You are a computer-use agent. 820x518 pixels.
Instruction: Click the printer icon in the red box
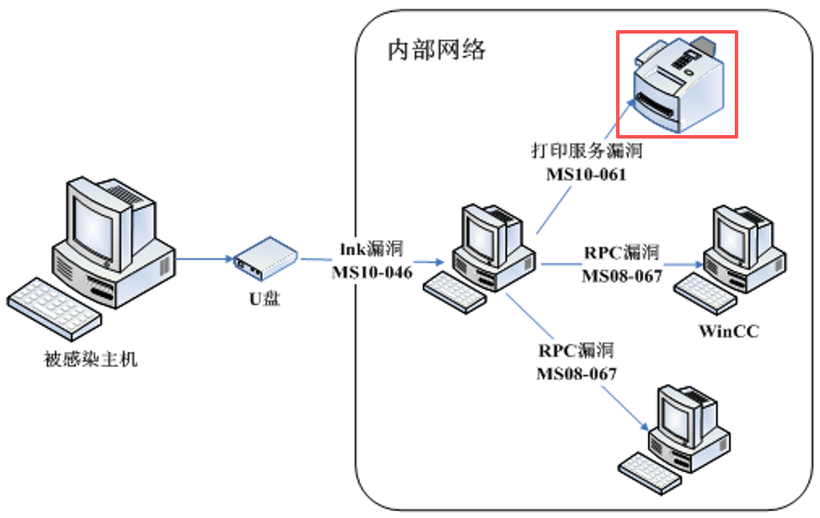[677, 84]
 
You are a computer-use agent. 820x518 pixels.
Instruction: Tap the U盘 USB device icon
[264, 260]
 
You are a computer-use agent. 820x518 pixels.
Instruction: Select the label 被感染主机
[90, 360]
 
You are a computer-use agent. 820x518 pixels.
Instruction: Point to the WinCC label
[728, 331]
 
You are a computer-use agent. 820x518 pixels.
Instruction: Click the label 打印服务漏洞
[586, 152]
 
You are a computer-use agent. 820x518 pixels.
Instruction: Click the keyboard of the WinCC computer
[701, 292]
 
